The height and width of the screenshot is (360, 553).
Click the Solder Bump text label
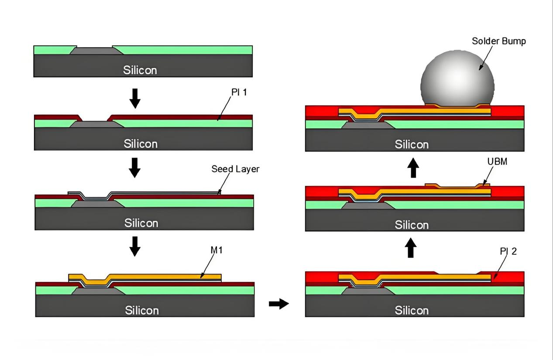pyautogui.click(x=499, y=41)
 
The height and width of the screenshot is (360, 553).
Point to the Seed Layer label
pyautogui.click(x=235, y=169)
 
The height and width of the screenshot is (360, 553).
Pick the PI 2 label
pyautogui.click(x=508, y=251)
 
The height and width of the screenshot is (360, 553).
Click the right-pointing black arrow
pyautogui.click(x=278, y=304)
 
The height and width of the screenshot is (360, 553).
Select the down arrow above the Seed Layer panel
pyautogui.click(x=135, y=170)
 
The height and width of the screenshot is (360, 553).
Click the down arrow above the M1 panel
pyautogui.click(x=135, y=246)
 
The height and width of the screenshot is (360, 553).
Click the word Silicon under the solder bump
pyautogui.click(x=412, y=144)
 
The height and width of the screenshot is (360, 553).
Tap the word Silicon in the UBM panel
pyautogui.click(x=412, y=225)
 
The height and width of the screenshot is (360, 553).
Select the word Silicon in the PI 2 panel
pyautogui.click(x=412, y=310)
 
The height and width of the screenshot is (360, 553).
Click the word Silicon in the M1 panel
pyautogui.click(x=142, y=310)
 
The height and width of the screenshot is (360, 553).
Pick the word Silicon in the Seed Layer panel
pyautogui.click(x=141, y=223)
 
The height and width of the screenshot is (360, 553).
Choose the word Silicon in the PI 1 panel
pyautogui.click(x=141, y=144)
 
